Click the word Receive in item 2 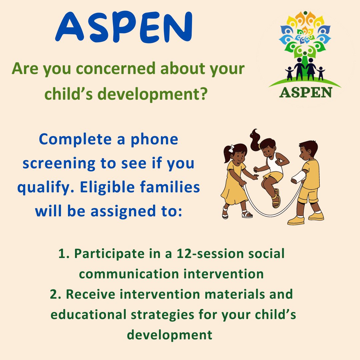point(95,294)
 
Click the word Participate point(107,254)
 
